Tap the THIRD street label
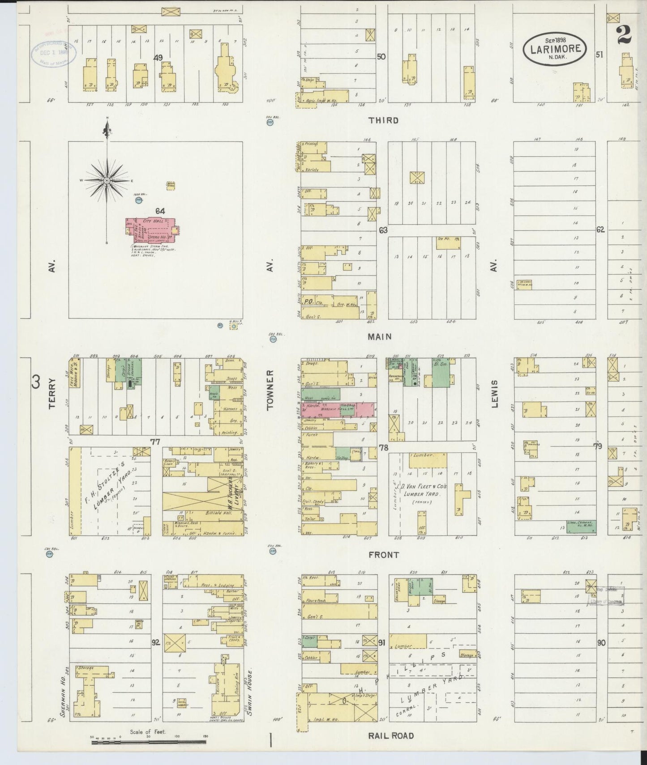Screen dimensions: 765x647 point(384,120)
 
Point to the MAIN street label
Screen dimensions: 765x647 point(380,337)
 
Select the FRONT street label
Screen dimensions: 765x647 point(384,555)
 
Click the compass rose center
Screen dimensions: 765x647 point(107,180)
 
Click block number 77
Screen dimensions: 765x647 point(155,442)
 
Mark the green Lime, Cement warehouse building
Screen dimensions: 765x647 point(581,526)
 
